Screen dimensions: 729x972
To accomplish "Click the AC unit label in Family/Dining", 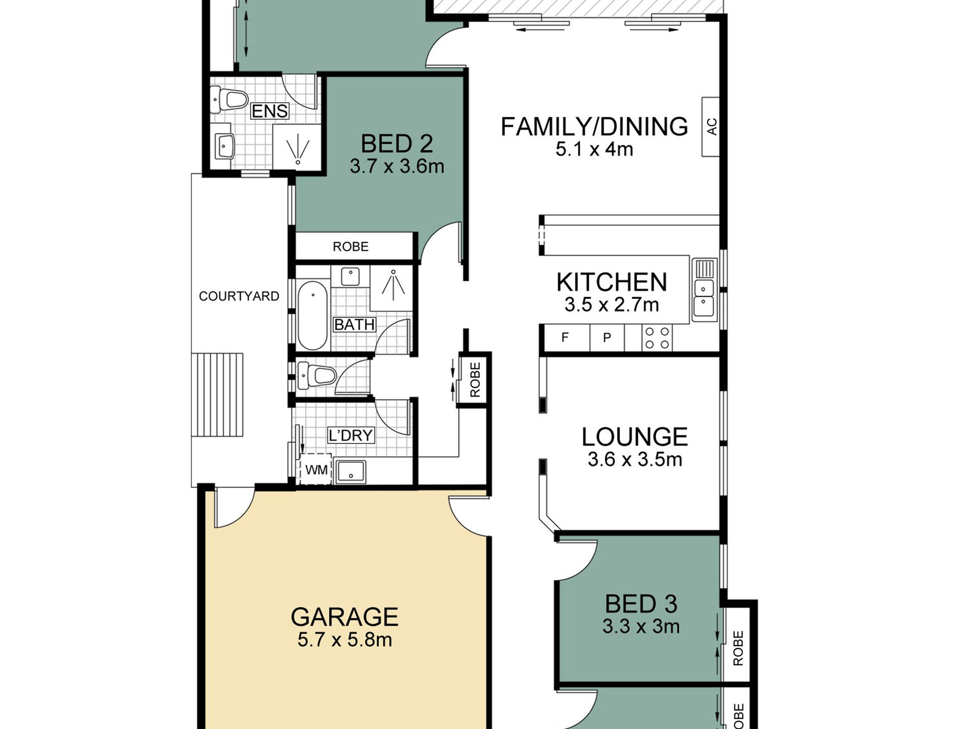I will (x=711, y=127).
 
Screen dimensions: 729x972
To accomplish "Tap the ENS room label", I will (x=270, y=111).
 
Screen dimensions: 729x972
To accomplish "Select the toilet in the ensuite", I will (x=230, y=100).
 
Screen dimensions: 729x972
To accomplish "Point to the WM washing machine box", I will (x=316, y=470).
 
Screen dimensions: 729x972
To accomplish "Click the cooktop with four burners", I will (x=657, y=338).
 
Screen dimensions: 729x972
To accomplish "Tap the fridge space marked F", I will (x=565, y=338).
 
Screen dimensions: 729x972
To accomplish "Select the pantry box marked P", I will (x=607, y=338).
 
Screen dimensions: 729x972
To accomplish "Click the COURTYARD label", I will (x=239, y=296).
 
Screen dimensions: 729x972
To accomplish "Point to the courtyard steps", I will (x=217, y=394).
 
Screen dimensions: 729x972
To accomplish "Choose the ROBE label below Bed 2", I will (x=350, y=247).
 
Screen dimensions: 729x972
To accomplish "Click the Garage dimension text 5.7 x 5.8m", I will (x=344, y=639).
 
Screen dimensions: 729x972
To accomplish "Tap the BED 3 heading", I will (x=640, y=604).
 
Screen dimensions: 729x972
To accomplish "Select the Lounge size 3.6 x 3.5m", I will (x=634, y=459).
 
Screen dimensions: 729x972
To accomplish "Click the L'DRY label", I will (x=351, y=435).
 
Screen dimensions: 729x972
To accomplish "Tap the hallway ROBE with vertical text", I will (x=475, y=380).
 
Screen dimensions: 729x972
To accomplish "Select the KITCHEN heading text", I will (x=611, y=282).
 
